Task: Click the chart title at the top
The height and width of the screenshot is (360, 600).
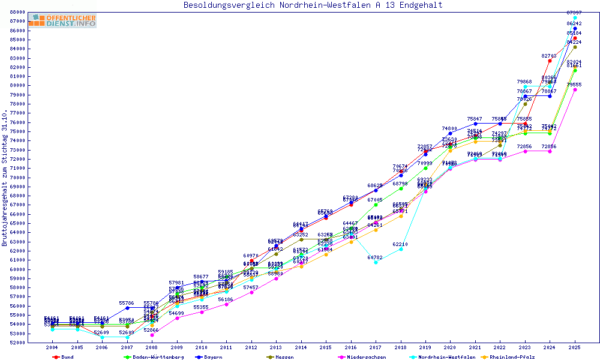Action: coord(313,5)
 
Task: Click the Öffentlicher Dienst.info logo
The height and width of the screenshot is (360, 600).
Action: coord(62,20)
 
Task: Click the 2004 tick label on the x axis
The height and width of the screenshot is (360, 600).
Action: coord(52,347)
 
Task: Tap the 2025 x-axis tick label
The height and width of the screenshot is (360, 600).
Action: coord(575,347)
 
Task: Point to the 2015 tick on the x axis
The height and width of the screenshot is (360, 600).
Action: coord(326,347)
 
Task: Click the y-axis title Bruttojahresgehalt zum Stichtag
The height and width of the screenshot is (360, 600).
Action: coord(5,178)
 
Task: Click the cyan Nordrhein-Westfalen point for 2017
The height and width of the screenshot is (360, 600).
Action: coord(376,262)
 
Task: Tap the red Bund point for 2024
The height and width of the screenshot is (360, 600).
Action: coord(550,61)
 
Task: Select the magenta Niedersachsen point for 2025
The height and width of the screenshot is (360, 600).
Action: coord(575,90)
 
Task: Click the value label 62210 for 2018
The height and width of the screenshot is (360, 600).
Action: coord(400,244)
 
